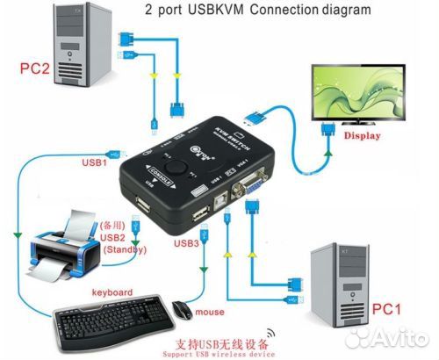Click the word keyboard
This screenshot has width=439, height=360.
click(110, 292)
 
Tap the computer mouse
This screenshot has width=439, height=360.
click(182, 310)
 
